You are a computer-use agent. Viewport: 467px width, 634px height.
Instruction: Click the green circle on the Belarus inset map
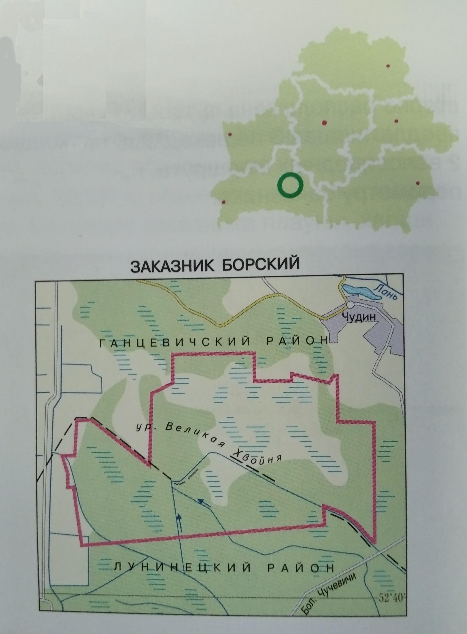click(x=290, y=185)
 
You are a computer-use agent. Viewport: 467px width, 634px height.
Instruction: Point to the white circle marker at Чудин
click(x=351, y=305)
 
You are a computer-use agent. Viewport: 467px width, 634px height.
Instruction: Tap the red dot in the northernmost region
click(x=388, y=66)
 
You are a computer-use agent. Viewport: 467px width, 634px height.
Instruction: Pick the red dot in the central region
click(x=324, y=123)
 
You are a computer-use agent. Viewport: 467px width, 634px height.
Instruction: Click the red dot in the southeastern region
click(x=418, y=183)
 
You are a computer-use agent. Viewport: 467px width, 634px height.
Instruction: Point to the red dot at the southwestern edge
click(x=224, y=202)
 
